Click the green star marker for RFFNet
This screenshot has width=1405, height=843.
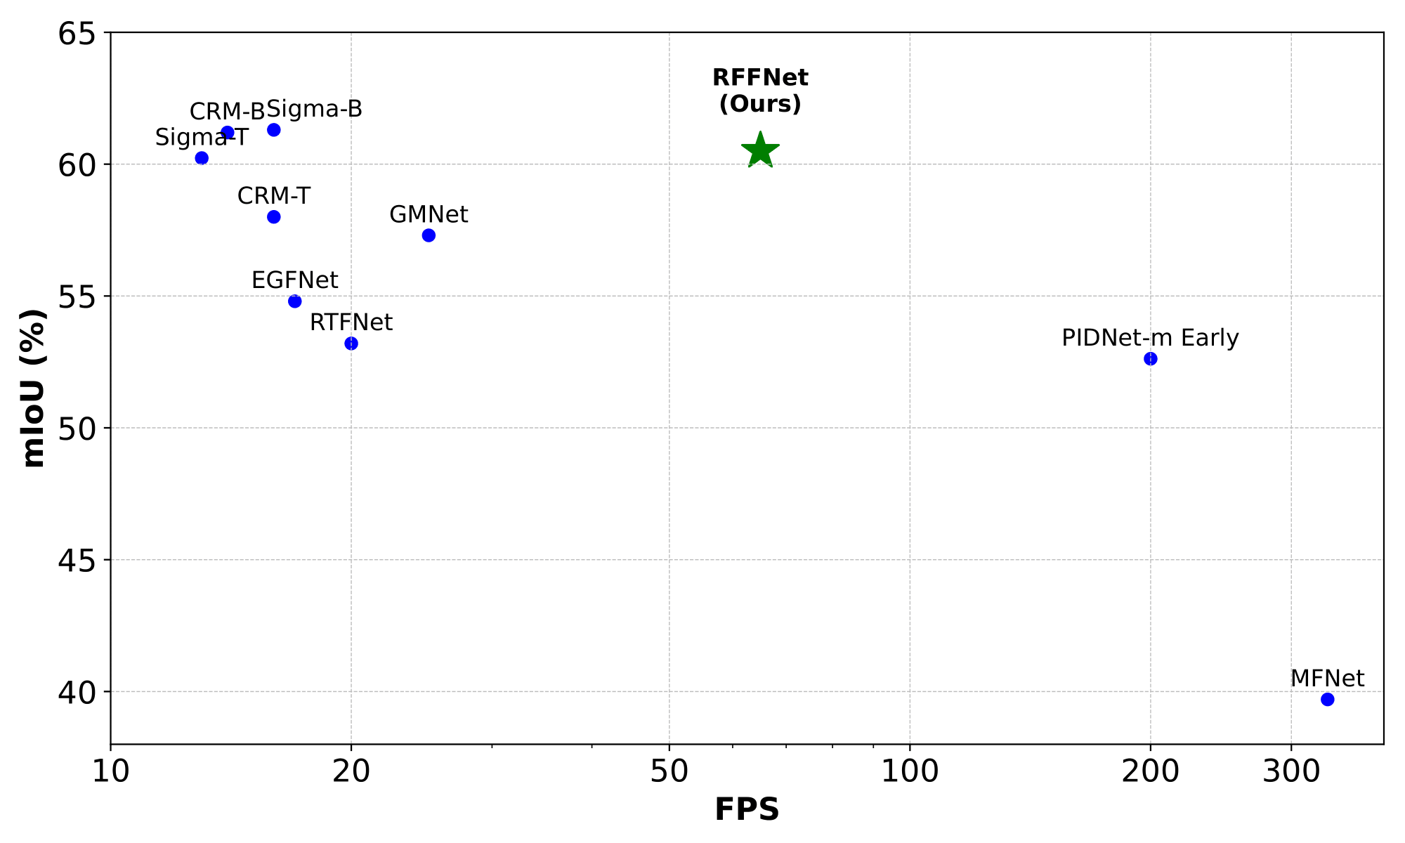tap(760, 150)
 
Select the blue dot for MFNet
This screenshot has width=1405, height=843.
tap(1327, 699)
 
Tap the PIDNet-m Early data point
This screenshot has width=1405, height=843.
tap(1150, 359)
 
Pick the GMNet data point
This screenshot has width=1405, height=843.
tap(429, 235)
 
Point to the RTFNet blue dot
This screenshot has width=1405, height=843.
tap(351, 344)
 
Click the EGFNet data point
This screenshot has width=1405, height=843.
tap(295, 301)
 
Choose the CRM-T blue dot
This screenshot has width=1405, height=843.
tap(274, 217)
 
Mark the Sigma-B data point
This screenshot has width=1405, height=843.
tap(274, 130)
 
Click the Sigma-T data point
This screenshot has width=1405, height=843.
tap(202, 158)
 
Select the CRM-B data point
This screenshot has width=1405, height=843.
tap(228, 132)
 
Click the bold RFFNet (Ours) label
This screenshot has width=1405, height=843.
tap(760, 91)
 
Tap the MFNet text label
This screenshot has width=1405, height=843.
tap(1327, 679)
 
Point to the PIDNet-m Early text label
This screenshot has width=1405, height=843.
tap(1150, 338)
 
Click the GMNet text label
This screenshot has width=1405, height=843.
tap(429, 214)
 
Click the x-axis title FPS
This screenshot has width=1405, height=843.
tap(747, 810)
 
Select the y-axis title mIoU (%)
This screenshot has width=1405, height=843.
tap(34, 388)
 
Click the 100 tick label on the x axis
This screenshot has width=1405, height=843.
tap(910, 772)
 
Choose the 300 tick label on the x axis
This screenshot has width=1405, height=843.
tap(1291, 772)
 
